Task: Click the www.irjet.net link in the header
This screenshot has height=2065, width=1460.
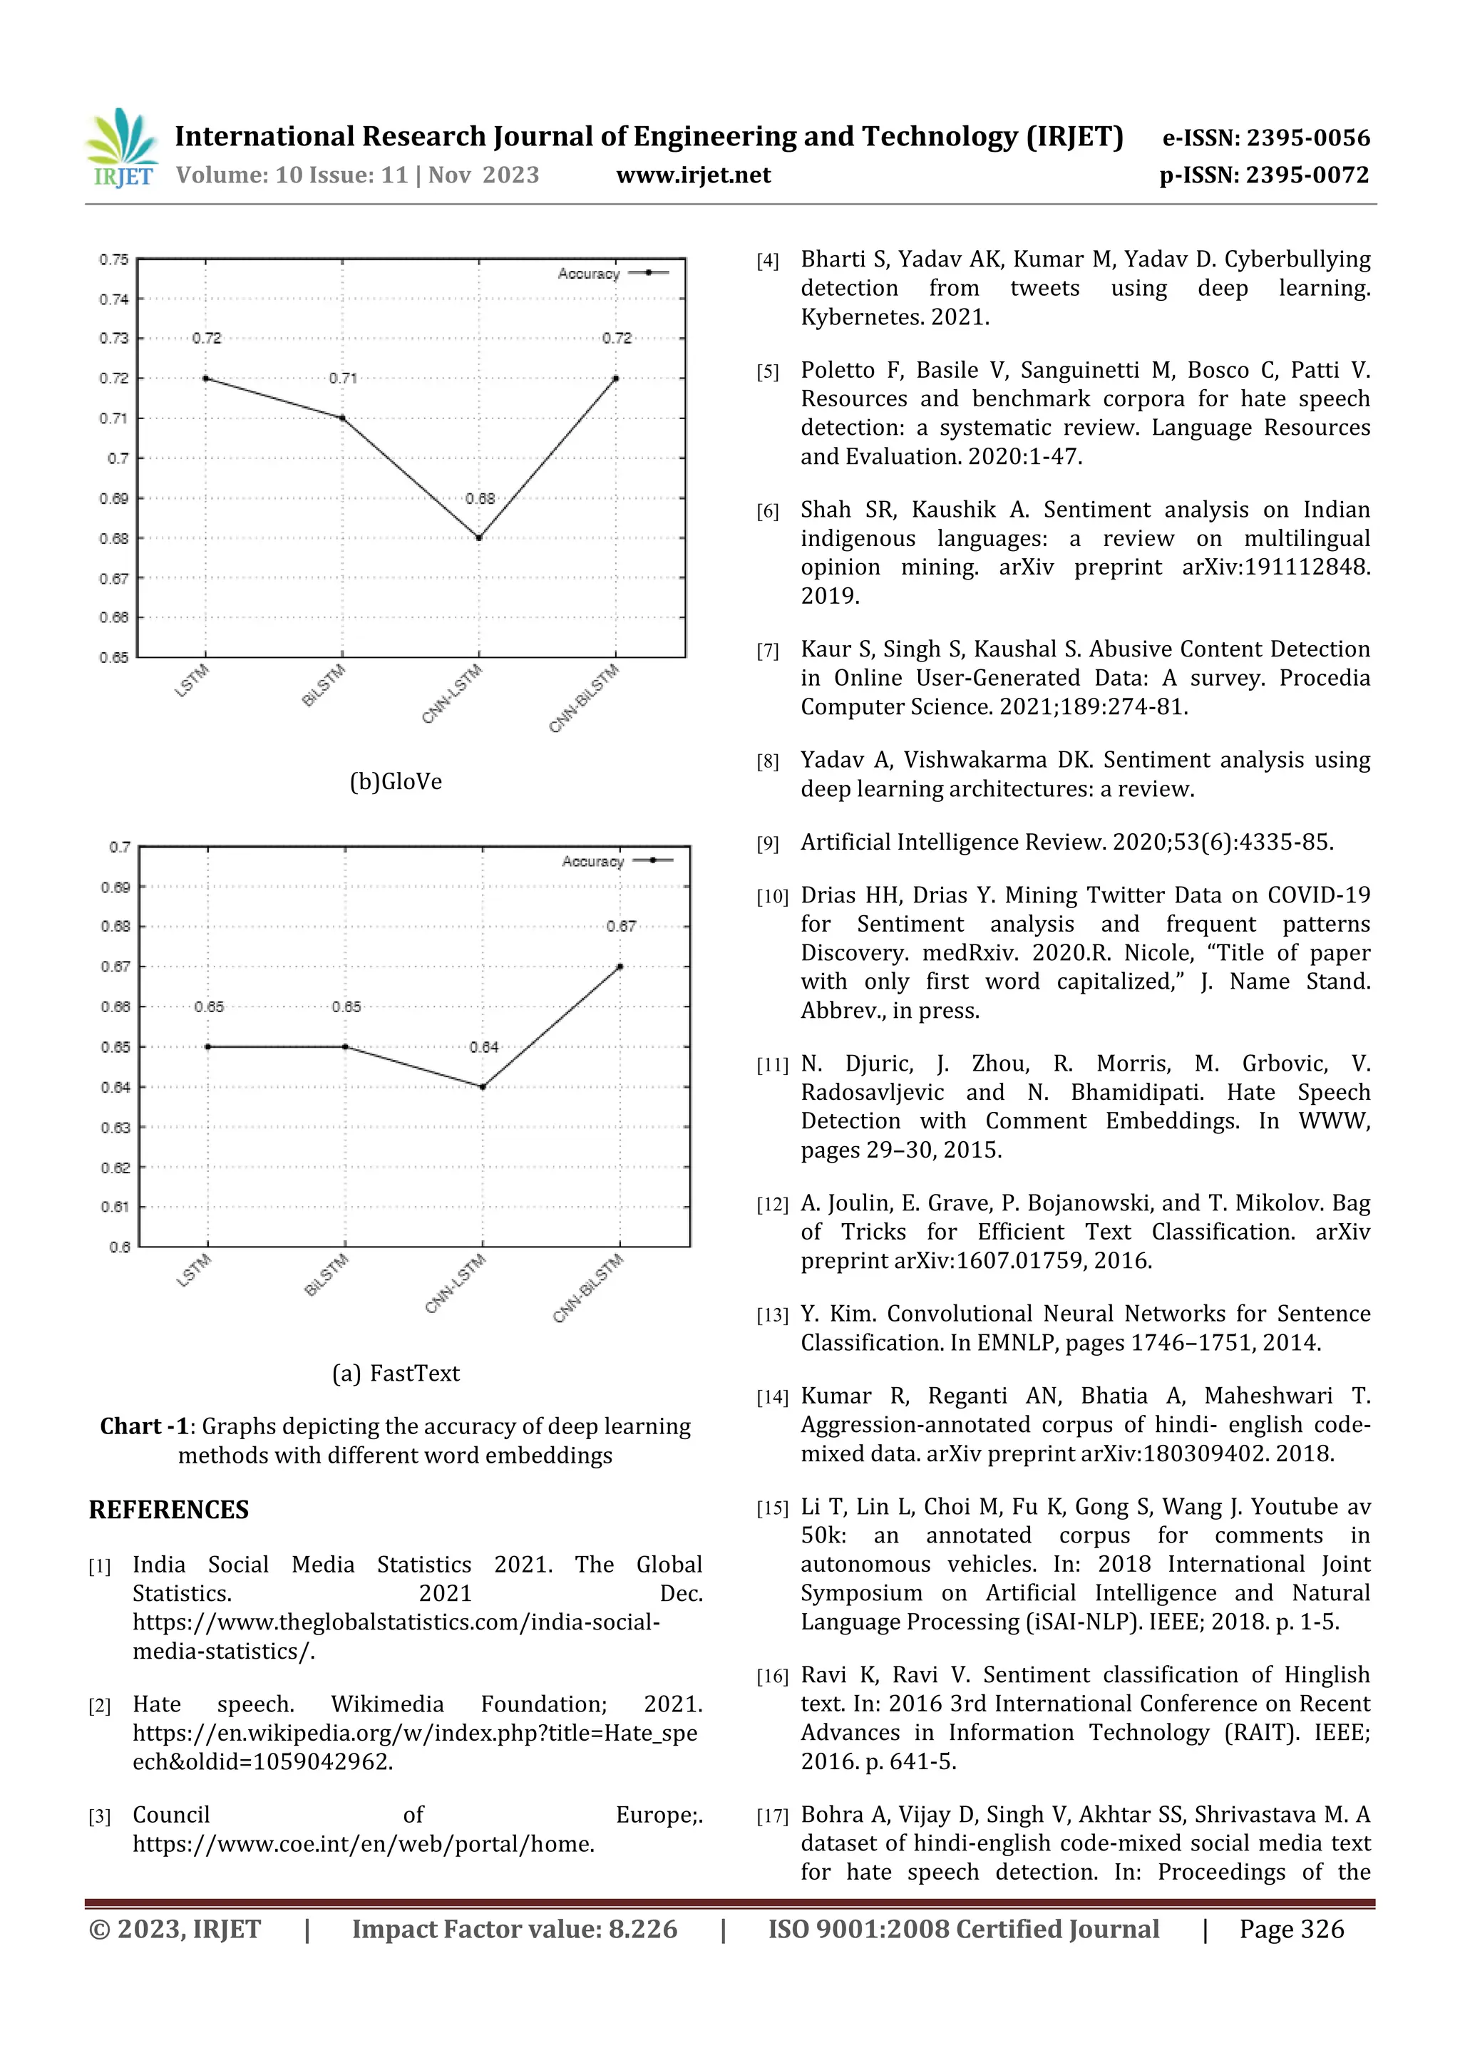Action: point(693,175)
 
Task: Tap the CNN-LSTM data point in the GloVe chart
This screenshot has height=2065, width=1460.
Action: point(478,538)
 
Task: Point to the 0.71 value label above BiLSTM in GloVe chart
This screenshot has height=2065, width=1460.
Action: point(343,379)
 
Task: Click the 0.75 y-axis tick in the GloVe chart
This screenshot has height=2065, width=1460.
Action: point(114,259)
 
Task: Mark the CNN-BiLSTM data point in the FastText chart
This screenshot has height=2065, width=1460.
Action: point(620,967)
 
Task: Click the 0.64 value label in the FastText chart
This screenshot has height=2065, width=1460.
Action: point(484,1047)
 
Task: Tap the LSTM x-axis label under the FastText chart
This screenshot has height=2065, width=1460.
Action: point(193,1270)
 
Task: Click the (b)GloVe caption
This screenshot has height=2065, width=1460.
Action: point(396,781)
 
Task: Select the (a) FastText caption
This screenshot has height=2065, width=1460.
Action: point(396,1374)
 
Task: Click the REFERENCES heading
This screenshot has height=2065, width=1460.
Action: point(169,1510)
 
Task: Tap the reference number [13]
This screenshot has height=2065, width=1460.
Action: point(772,1315)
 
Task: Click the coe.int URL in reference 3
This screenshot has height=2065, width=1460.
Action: point(364,1844)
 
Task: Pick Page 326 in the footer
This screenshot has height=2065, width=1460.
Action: point(1291,1929)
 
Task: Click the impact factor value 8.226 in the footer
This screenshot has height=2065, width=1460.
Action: point(642,1929)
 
